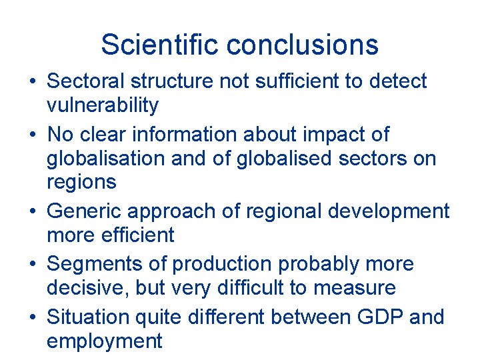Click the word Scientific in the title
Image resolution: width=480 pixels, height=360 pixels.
(161, 45)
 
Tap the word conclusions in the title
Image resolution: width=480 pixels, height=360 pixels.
(303, 45)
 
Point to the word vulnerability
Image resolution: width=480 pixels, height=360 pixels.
(103, 105)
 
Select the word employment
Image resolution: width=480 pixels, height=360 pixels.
(105, 341)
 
